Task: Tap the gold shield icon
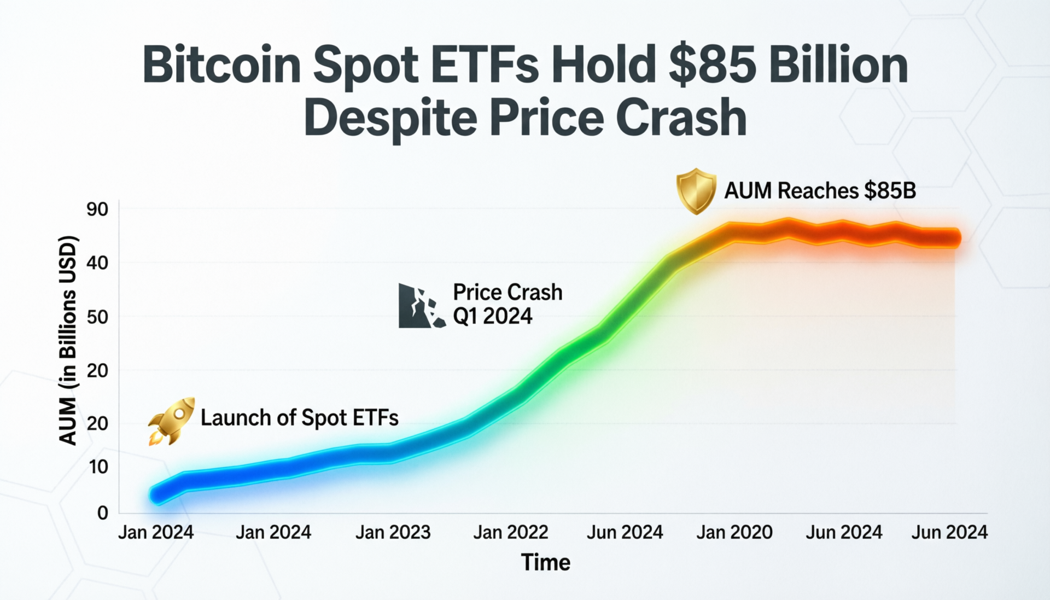pos(696,190)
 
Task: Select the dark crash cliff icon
pos(421,306)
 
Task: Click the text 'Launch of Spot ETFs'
pos(299,418)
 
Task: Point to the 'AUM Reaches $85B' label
pos(820,191)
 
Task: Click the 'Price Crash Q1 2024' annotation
pos(507,304)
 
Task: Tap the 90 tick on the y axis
pos(97,209)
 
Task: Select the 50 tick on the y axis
pos(97,317)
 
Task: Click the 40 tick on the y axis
pos(97,263)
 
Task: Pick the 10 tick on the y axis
pos(98,467)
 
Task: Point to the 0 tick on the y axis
pos(102,513)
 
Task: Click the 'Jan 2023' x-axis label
pos(393,532)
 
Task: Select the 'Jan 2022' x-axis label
pos(510,532)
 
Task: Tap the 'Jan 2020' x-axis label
pos(734,532)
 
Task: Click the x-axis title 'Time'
pos(545,563)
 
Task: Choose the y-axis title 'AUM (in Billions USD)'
pos(68,340)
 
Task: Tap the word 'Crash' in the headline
pos(681,118)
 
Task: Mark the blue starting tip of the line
pos(157,495)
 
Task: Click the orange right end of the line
pos(954,238)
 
